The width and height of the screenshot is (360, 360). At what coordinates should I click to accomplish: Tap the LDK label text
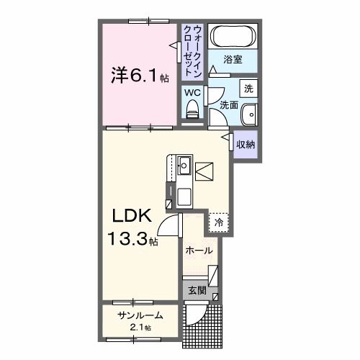click(x=130, y=215)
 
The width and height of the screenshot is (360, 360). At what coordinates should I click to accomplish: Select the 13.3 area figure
click(x=129, y=238)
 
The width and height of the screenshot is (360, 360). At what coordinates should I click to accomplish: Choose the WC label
click(x=192, y=92)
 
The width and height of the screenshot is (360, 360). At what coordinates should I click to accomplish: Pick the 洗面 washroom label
click(x=228, y=104)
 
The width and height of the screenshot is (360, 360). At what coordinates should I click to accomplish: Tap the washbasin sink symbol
click(x=249, y=115)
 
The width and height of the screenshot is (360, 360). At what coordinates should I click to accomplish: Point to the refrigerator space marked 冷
click(x=218, y=222)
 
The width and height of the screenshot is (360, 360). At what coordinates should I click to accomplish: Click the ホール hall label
click(x=198, y=251)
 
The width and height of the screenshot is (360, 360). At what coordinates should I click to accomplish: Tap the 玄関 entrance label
click(x=197, y=292)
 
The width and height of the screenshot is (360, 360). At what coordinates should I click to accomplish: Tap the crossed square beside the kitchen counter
click(x=204, y=171)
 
